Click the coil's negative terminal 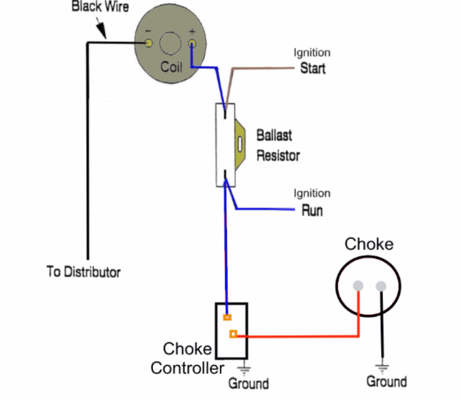[149, 44]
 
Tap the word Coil [172, 67]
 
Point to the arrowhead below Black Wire [103, 34]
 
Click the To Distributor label [83, 272]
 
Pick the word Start [313, 68]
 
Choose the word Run [312, 211]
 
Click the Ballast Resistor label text [278, 145]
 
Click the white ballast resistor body [225, 145]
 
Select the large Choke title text [369, 244]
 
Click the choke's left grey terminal [358, 286]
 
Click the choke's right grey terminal [381, 286]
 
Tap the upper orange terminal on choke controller [227, 317]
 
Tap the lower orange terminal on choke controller [233, 334]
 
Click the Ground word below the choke [386, 382]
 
